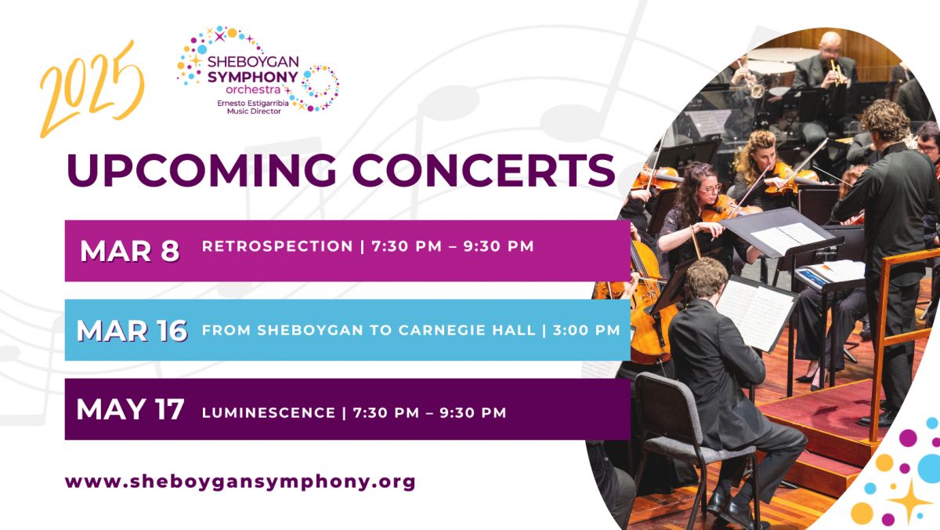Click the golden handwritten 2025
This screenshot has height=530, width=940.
[x=92, y=90]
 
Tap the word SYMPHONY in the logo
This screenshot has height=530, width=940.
[x=252, y=78]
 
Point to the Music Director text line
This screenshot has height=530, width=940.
[x=254, y=111]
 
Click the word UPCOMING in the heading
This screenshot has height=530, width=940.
[x=201, y=169]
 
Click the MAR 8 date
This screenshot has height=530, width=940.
[x=130, y=251]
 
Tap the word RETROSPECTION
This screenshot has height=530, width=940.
[x=277, y=246]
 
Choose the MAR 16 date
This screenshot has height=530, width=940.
[x=132, y=331]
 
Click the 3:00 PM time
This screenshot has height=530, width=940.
[x=587, y=330]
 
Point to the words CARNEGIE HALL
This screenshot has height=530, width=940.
[x=467, y=330]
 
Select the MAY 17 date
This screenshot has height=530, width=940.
[x=130, y=409]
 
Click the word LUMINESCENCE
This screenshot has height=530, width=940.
[x=269, y=413]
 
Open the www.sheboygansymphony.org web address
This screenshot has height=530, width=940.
[x=240, y=481]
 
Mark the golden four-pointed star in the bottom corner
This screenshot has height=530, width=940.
[x=909, y=501]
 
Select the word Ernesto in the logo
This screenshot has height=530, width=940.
[x=230, y=103]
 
